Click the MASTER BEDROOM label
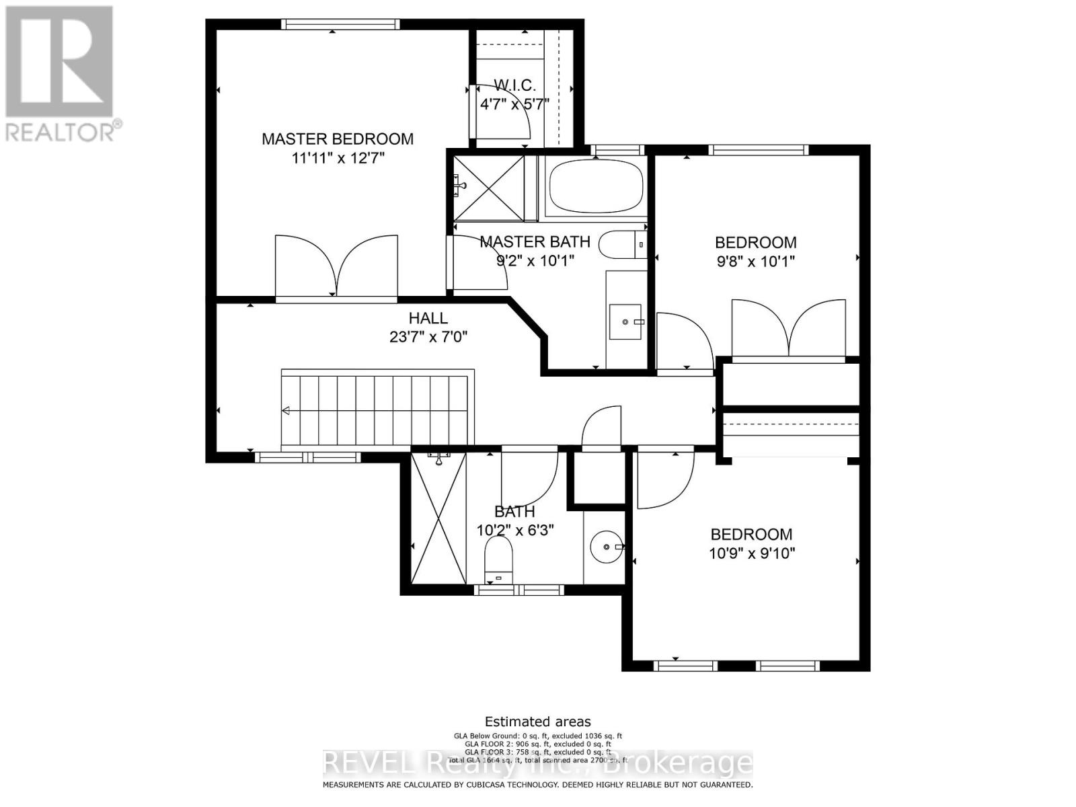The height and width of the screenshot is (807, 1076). (337, 139)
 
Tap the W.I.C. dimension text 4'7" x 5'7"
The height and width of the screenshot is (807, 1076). (514, 104)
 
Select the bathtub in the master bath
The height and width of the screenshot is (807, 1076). (596, 186)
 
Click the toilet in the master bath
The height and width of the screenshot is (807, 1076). (621, 245)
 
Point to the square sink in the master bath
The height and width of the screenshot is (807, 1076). (626, 322)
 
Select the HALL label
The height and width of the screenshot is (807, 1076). (428, 318)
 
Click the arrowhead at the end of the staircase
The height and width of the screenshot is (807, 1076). (286, 411)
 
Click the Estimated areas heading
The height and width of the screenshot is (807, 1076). (537, 722)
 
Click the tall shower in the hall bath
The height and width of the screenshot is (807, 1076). (438, 518)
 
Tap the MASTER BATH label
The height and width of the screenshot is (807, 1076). (535, 241)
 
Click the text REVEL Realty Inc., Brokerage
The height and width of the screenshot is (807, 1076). (537, 763)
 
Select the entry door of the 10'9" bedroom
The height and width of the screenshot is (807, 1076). (664, 479)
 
